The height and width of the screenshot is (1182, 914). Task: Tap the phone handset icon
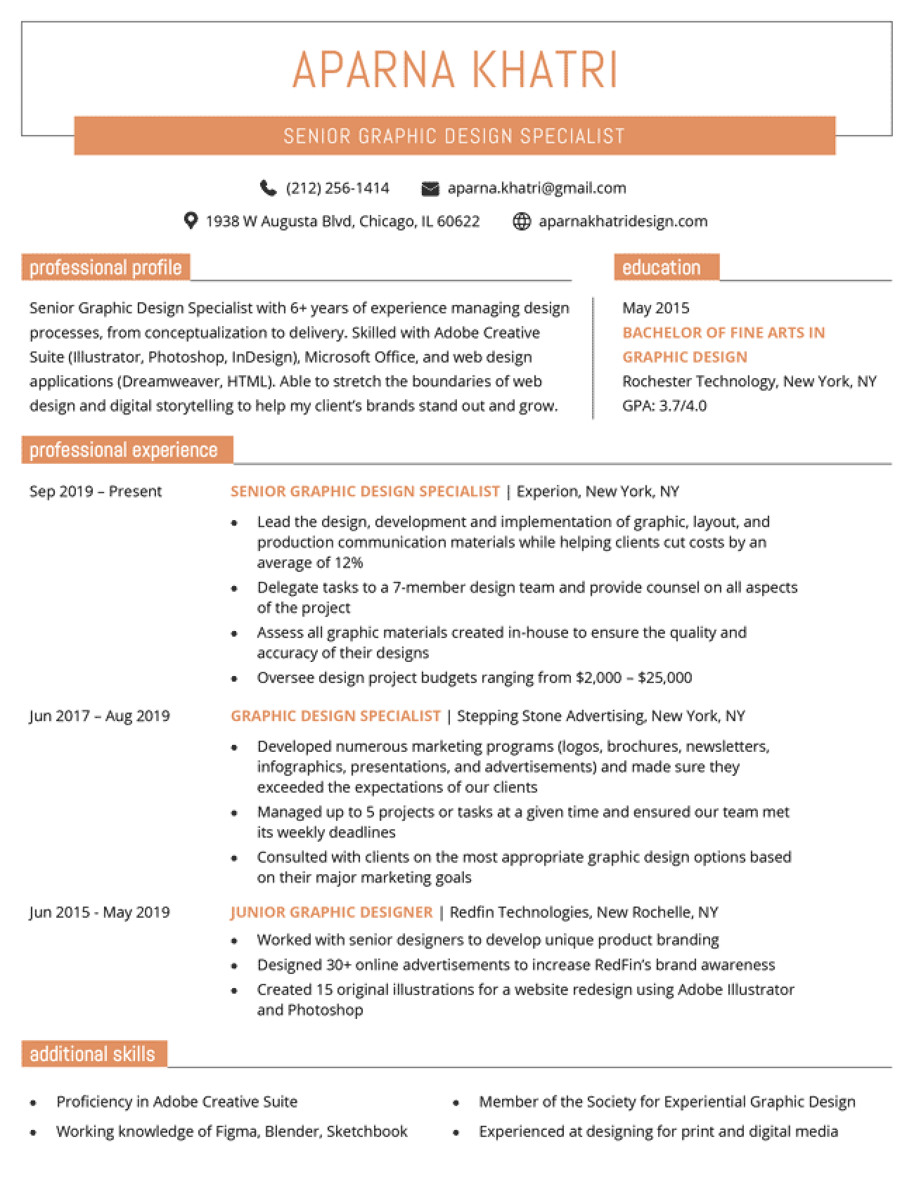tap(268, 188)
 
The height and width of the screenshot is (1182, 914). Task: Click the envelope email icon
tap(430, 188)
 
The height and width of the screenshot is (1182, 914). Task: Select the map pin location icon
tap(190, 221)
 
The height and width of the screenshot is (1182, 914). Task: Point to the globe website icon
tap(521, 222)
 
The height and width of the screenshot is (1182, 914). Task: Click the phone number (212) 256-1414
tap(337, 188)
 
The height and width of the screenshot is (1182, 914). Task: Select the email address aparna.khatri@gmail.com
tap(536, 188)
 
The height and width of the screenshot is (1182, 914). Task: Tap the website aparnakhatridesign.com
tap(623, 221)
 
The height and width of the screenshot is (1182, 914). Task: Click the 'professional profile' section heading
tap(105, 268)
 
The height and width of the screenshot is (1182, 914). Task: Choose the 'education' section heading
tap(662, 268)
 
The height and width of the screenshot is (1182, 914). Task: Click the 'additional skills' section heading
tap(93, 1054)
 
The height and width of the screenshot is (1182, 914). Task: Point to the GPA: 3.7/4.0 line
tap(664, 405)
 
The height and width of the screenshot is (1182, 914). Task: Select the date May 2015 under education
tap(656, 308)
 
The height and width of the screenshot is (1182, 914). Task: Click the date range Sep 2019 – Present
tap(96, 491)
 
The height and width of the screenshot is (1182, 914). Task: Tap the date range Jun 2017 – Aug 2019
tap(100, 716)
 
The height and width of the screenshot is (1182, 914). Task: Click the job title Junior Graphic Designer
tap(332, 912)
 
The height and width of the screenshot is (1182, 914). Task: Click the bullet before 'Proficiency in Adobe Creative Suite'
tap(33, 1103)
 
